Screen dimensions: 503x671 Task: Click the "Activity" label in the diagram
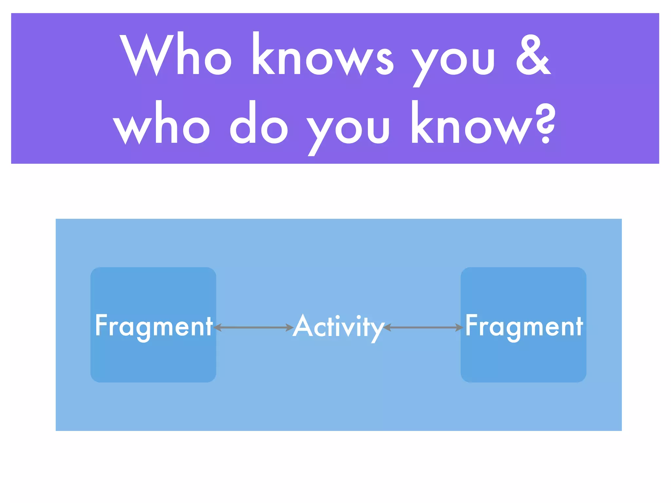[x=338, y=326]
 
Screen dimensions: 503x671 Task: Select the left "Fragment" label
[x=154, y=326]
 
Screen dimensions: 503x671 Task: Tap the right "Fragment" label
[x=524, y=326]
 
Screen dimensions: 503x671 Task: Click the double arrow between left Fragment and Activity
[x=253, y=327]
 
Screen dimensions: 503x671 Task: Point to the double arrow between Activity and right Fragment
[x=423, y=327]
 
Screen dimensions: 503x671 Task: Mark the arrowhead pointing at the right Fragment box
[x=459, y=327]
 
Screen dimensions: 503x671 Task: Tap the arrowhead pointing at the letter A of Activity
[x=289, y=327]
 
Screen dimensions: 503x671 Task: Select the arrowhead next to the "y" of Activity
[x=387, y=327]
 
